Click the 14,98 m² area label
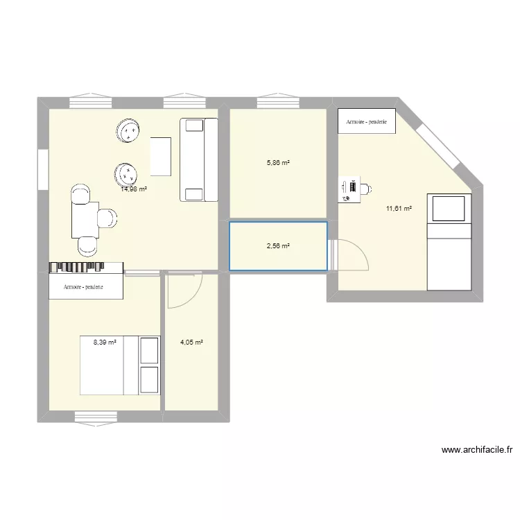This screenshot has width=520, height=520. (x=134, y=189)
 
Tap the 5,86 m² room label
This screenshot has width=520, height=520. (x=277, y=164)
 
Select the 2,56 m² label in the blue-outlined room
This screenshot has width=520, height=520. (x=277, y=246)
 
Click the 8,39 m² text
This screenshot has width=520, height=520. (x=105, y=341)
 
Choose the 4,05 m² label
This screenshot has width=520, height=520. (x=191, y=342)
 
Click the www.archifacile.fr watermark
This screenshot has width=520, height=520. (x=476, y=450)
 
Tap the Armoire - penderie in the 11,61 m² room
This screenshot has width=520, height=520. (x=367, y=121)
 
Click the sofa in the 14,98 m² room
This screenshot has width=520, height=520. (x=199, y=159)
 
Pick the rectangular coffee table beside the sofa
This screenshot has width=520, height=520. (x=161, y=157)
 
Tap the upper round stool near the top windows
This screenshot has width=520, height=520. (x=129, y=130)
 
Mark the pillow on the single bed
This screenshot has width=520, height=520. (x=448, y=208)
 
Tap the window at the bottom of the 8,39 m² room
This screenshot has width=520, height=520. (x=95, y=416)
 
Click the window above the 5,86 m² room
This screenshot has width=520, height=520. (x=277, y=103)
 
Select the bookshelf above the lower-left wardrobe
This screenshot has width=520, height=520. (x=86, y=268)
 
